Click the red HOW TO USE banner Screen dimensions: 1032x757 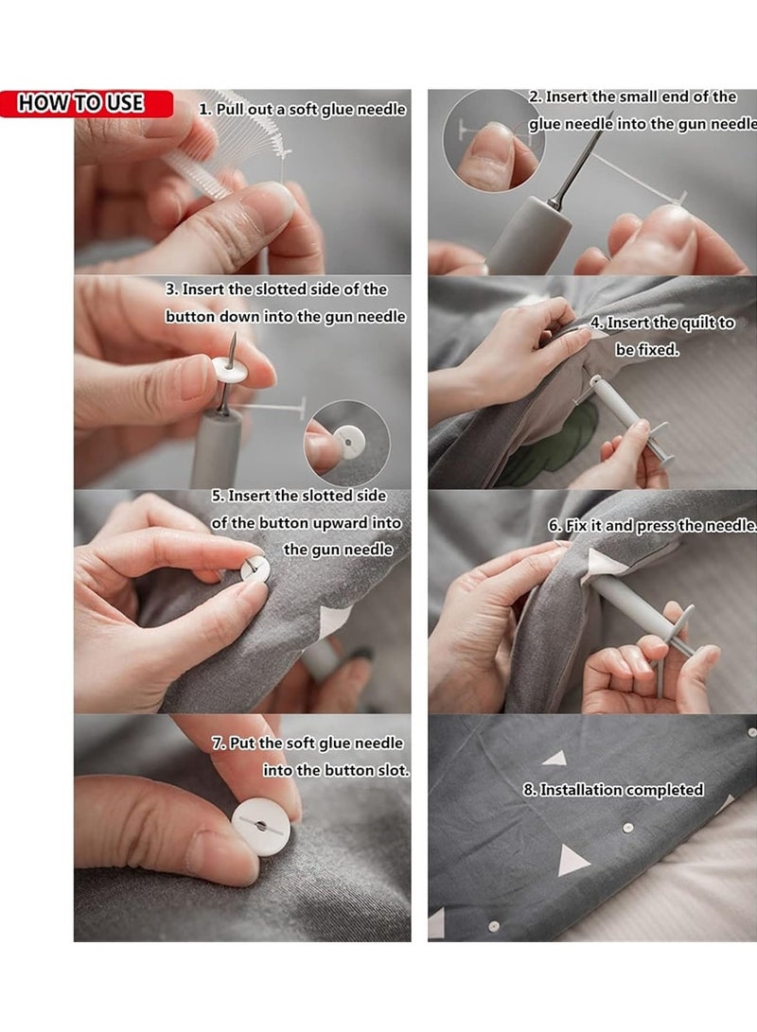click(85, 103)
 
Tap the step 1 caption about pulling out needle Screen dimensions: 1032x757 click(302, 110)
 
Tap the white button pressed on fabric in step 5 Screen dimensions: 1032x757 click(255, 569)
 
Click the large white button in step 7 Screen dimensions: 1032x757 click(260, 825)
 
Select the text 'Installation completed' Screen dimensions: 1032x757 click(620, 789)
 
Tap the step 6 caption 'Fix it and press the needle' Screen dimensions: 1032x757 click(653, 526)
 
